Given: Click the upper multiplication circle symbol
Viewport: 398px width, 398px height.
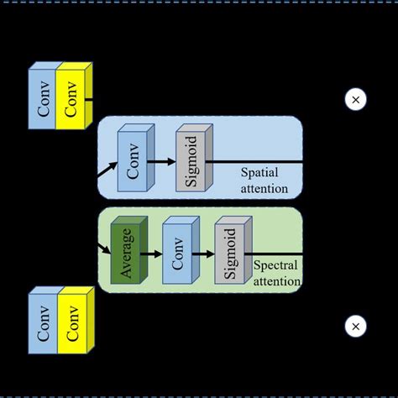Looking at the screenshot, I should point(355,100).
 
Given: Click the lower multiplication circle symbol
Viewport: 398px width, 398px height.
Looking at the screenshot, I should point(355,326).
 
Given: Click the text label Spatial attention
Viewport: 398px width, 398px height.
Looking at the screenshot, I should point(264,181).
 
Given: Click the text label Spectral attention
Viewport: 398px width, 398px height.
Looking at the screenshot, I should point(276,273).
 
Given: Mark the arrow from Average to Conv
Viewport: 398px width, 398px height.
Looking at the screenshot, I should point(151,253).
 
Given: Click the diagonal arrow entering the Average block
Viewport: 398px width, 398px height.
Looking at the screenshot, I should point(105,248).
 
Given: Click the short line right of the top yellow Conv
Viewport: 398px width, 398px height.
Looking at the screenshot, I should point(89,100).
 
